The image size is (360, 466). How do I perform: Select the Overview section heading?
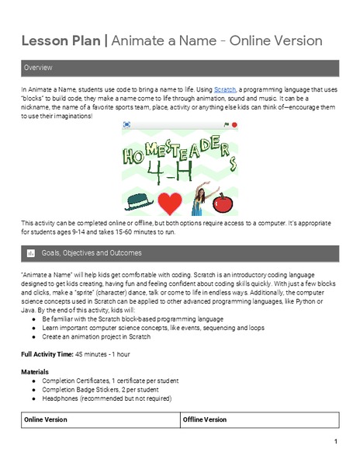(x=38, y=68)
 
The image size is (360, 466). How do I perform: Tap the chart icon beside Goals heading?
(x=30, y=253)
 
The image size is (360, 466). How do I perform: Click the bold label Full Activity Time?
(x=47, y=353)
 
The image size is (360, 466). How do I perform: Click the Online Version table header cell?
(x=46, y=419)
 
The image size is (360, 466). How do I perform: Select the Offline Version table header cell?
(x=205, y=419)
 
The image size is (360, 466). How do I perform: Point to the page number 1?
(x=335, y=443)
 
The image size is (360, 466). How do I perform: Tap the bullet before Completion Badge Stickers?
(x=34, y=389)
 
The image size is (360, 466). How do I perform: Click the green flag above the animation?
(x=227, y=124)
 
